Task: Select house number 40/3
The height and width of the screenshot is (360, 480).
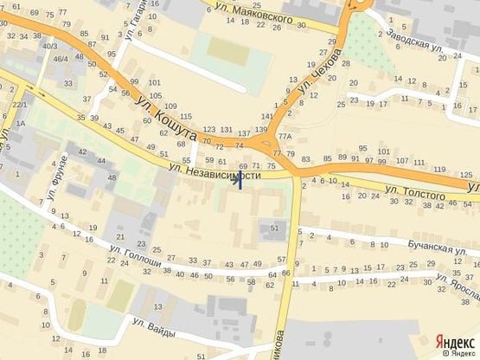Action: tap(51, 45)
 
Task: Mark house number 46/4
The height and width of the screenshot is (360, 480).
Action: tap(61, 59)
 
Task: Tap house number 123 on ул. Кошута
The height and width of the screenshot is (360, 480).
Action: tap(208, 129)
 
